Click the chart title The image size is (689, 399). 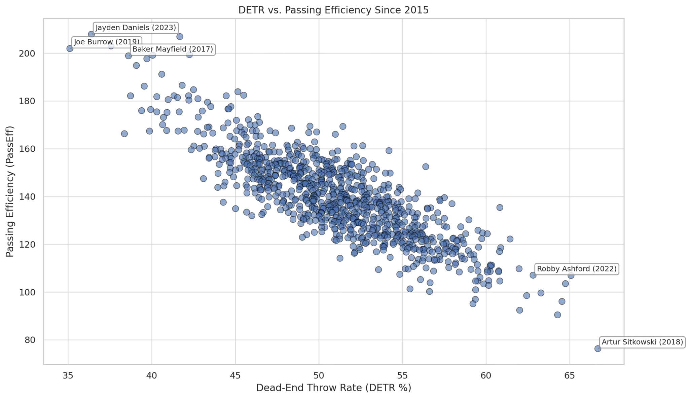point(333,10)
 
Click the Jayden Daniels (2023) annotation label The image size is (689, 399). point(136,28)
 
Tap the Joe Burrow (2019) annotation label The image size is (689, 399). point(106,42)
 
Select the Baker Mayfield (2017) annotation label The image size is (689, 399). point(173,49)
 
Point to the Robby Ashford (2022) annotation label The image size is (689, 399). point(577,269)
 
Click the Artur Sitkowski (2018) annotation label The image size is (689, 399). point(642,342)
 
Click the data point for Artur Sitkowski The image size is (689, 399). point(597,349)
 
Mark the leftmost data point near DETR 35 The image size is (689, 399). point(70,48)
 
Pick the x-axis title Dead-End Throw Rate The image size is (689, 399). point(333,388)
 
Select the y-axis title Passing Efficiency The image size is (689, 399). point(10,191)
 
